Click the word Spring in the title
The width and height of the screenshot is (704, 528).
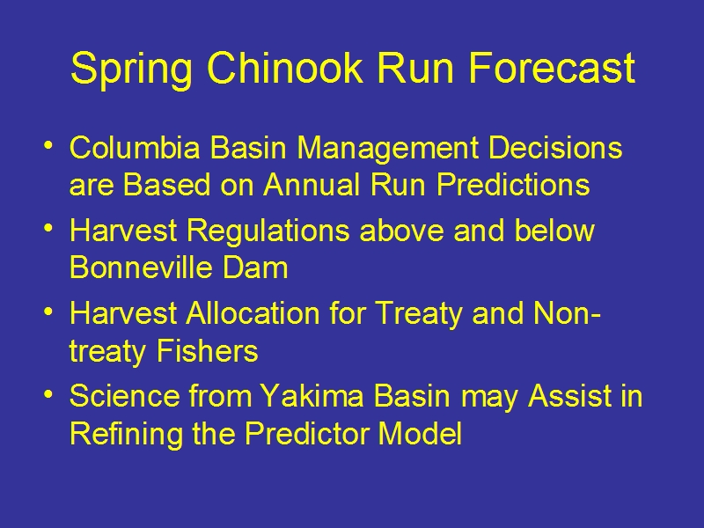pos(131,70)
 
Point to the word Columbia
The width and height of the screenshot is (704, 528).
pos(135,147)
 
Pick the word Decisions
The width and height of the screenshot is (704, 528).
pos(555,147)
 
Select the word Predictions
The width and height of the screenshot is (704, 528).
pos(513,184)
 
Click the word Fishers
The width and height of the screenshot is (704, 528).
pos(207,350)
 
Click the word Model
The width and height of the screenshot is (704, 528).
pos(420,433)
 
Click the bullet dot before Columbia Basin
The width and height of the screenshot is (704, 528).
pos(48,145)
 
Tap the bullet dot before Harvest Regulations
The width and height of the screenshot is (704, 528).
pos(48,229)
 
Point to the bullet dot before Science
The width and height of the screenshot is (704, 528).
pos(48,393)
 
